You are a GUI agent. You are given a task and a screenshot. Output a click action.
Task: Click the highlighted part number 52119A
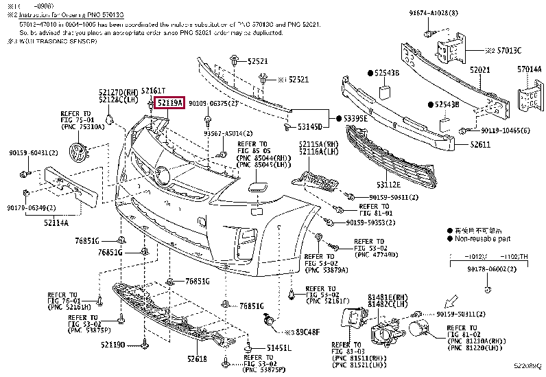[x=169, y=104]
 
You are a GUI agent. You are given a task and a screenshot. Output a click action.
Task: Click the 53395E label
[x=357, y=119]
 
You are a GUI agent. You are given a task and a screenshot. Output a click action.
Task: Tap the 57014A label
[x=530, y=70]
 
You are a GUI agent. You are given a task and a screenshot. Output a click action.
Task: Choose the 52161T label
[x=153, y=91]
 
